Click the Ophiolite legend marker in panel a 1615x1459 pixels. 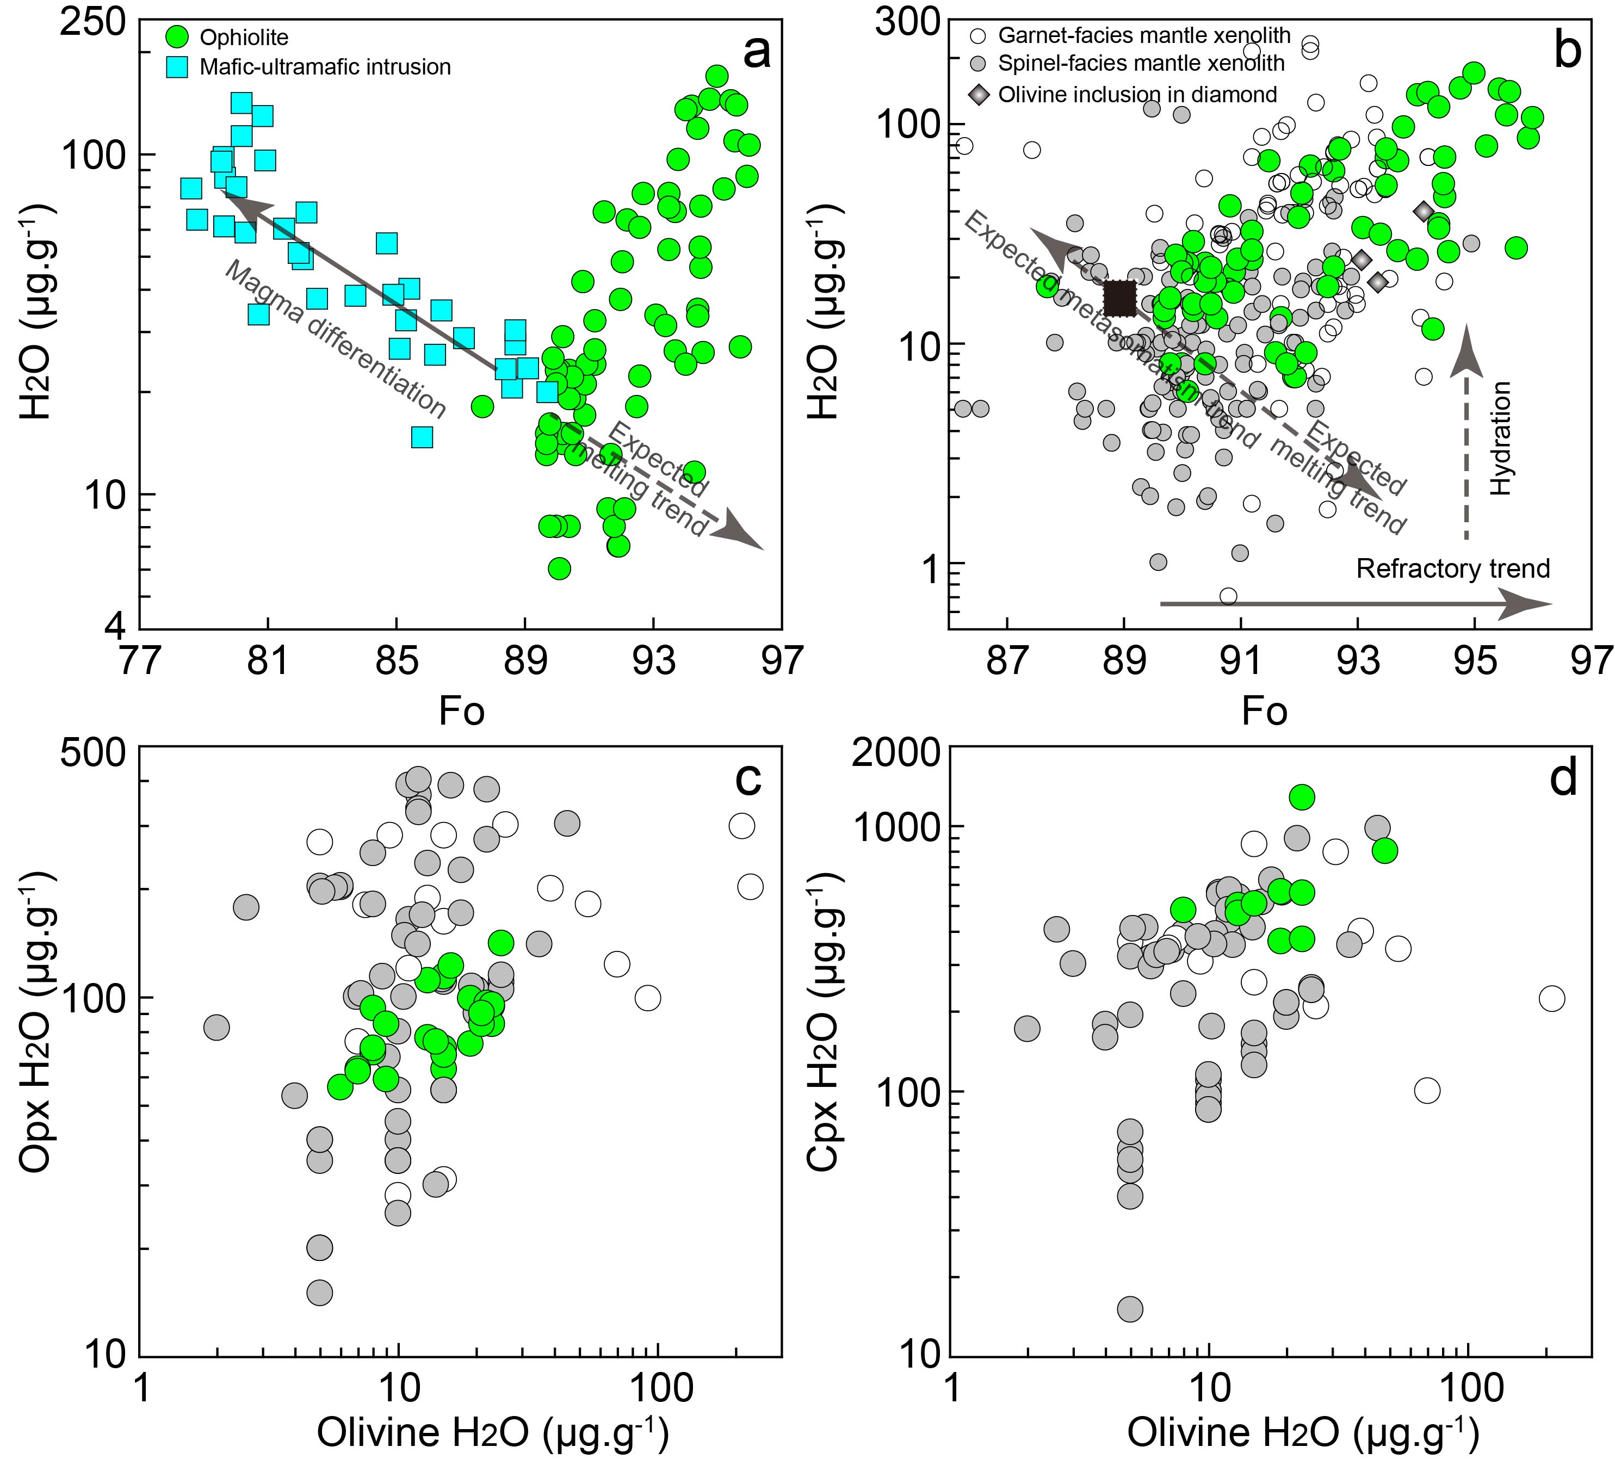178,37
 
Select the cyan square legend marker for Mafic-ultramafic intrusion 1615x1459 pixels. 178,66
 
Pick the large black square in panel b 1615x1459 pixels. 1119,298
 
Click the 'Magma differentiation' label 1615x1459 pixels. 335,339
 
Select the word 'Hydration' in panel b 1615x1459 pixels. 1500,437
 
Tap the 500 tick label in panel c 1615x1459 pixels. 93,754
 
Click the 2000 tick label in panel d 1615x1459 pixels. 895,754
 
